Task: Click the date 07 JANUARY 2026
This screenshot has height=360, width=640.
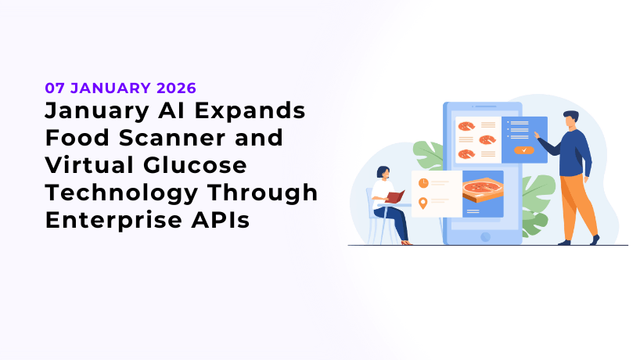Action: (x=120, y=87)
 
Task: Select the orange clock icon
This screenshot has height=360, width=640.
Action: (x=423, y=182)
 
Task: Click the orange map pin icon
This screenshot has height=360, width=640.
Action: (x=423, y=203)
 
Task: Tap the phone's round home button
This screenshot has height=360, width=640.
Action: (x=485, y=236)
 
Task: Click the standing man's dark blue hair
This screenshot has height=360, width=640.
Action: (x=570, y=117)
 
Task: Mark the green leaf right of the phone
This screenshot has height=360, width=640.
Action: (x=538, y=196)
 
